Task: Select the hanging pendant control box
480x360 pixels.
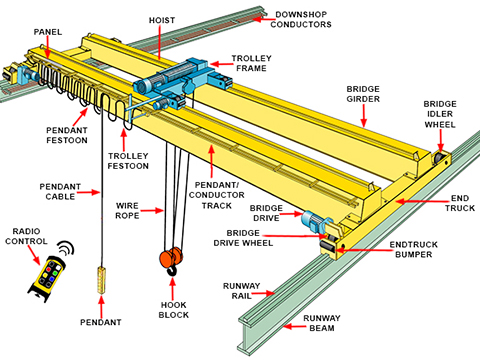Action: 101,280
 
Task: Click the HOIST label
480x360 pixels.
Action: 162,20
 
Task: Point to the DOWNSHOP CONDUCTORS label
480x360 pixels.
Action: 301,19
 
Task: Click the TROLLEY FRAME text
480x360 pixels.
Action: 252,63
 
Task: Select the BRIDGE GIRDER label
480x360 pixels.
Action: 363,94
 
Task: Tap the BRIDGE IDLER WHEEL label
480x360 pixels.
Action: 440,114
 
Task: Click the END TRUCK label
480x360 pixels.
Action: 460,203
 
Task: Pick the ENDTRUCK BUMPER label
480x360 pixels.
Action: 414,249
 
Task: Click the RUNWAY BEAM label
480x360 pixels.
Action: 322,323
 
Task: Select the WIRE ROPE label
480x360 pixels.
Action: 127,211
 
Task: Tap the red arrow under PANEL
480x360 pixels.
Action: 48,48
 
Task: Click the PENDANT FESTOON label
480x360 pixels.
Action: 67,135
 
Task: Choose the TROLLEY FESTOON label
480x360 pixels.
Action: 128,161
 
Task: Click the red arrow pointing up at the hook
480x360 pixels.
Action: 173,289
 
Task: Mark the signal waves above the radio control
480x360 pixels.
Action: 66,247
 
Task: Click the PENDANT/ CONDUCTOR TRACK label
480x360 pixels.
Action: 217,195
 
